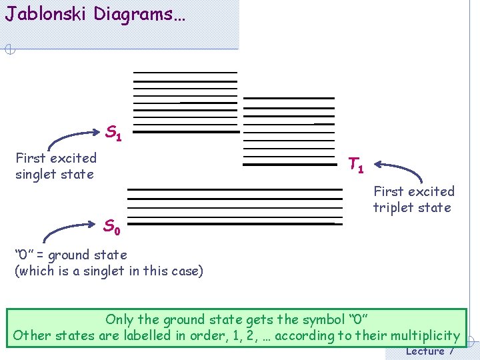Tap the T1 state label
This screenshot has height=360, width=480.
click(356, 165)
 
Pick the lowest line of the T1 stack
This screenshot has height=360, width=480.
click(289, 164)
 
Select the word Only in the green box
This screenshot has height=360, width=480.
click(120, 319)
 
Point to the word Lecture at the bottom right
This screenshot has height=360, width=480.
click(425, 351)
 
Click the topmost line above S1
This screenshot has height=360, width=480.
click(185, 72)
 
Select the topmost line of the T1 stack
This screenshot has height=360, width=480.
click(289, 98)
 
